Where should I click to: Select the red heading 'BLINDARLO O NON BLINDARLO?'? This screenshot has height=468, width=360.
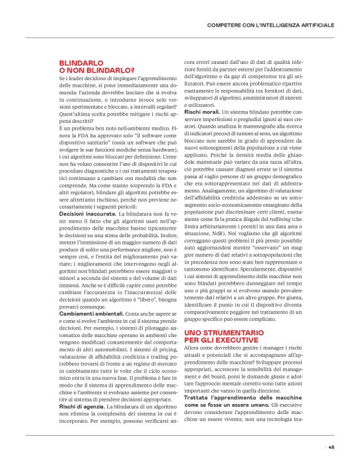(x=96, y=66)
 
